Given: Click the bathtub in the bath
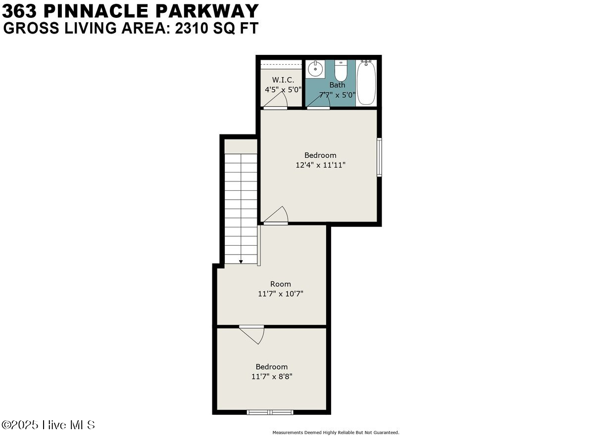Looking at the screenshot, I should (366, 82).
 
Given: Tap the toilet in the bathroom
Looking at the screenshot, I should (341, 71).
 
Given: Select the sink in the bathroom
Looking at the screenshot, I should (315, 69).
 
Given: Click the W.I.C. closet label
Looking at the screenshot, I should (283, 80).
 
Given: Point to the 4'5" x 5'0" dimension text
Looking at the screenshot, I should (283, 89).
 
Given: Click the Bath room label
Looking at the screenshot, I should (337, 85).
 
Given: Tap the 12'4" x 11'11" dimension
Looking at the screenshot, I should (320, 165).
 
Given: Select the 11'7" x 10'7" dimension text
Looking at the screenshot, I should (280, 294).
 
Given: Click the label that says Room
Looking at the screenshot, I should (280, 284).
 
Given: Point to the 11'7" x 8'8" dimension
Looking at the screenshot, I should (271, 376).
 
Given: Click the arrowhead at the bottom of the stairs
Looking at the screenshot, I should (241, 262).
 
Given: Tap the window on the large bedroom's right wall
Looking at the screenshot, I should (379, 157).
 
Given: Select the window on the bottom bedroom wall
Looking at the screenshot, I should (270, 412).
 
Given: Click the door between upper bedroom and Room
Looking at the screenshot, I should (276, 217).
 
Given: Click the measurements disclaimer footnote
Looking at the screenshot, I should (336, 433).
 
